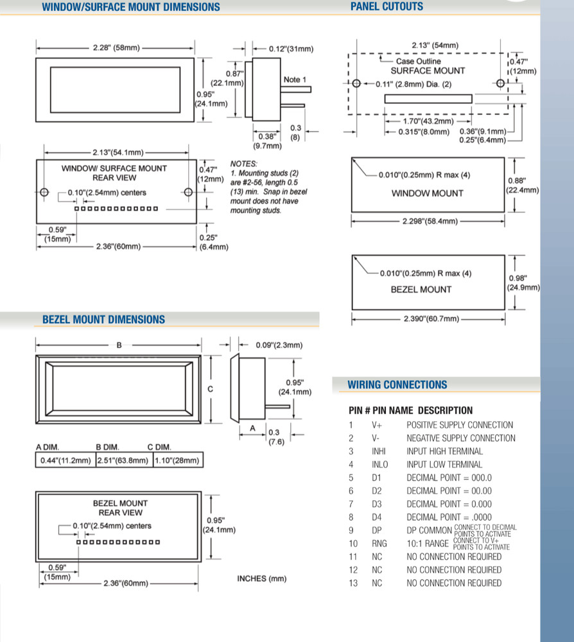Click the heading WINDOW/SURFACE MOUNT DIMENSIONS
(x=130, y=7)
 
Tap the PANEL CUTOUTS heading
(x=387, y=6)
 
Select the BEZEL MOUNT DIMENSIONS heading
(x=103, y=319)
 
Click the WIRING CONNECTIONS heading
(x=397, y=385)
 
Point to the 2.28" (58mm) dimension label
(x=116, y=48)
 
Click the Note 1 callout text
(x=295, y=80)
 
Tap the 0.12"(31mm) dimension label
(x=291, y=49)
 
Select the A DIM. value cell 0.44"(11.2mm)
(x=65, y=460)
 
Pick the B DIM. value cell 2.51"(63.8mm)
(x=123, y=460)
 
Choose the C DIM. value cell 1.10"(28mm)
(x=177, y=460)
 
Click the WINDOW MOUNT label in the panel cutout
(x=428, y=193)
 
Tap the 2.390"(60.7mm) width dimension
(x=431, y=318)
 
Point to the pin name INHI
(x=379, y=451)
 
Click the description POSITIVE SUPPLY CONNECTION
(x=460, y=425)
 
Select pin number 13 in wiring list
(x=353, y=583)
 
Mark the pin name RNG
(x=379, y=543)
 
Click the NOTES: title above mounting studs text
(x=243, y=164)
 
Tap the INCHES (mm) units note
(x=261, y=578)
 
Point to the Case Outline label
(x=419, y=61)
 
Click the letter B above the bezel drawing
(x=119, y=345)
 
